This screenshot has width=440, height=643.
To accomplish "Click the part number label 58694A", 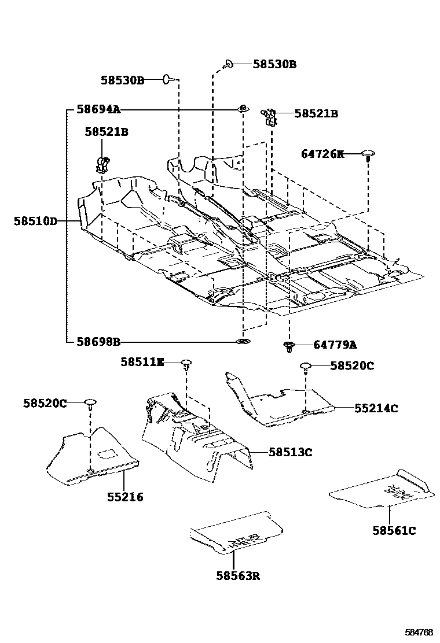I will pos(98,109).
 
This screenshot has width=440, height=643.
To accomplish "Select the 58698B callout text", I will pos(98,342).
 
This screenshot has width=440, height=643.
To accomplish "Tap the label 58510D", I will pos(36,221).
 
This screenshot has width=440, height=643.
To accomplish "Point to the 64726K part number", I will pos(322,154).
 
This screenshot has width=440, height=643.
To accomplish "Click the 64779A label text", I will pos(335,345).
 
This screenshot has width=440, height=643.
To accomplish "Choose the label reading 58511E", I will pos(142,362).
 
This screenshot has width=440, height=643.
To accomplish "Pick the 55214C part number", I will pos(376,408).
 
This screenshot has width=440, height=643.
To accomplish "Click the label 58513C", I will pos(290,452).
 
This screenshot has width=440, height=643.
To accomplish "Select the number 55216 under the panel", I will pos(125,497).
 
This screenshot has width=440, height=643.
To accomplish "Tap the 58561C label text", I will pos(394,530).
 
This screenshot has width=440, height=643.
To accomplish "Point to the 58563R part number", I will pos(237,575).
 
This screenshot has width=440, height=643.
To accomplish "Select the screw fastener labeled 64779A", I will pos(289,346).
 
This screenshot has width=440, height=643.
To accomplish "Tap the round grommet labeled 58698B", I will pos(243,342).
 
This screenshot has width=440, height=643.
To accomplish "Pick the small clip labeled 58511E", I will pos(186,364).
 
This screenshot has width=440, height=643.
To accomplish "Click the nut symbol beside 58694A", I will pos(243,108).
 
